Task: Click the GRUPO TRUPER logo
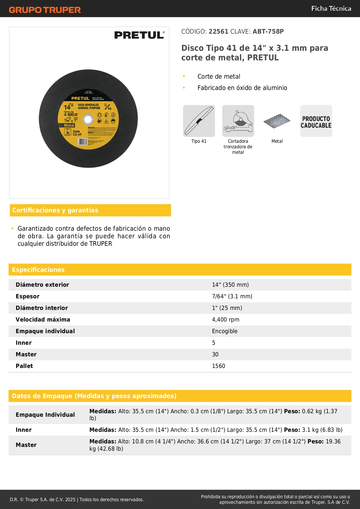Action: click(x=45, y=10)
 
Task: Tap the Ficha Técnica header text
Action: click(x=331, y=8)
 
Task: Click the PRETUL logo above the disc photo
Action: click(x=139, y=35)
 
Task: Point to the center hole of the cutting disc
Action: click(x=88, y=119)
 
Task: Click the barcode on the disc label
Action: click(x=82, y=142)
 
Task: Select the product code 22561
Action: click(x=218, y=31)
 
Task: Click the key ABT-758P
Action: click(x=268, y=31)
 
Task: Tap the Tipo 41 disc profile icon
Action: click(x=199, y=121)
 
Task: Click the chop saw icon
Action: click(x=238, y=121)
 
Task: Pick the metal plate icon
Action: click(x=277, y=121)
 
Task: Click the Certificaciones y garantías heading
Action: click(x=55, y=210)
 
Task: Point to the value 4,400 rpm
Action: click(x=226, y=320)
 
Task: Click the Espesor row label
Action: click(x=28, y=296)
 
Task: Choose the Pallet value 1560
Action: click(x=218, y=366)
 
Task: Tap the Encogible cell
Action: click(x=225, y=331)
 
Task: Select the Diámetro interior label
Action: click(x=42, y=308)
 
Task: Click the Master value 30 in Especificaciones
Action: click(x=215, y=354)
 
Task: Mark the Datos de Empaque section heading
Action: click(x=94, y=396)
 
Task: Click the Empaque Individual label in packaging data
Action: click(x=45, y=415)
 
